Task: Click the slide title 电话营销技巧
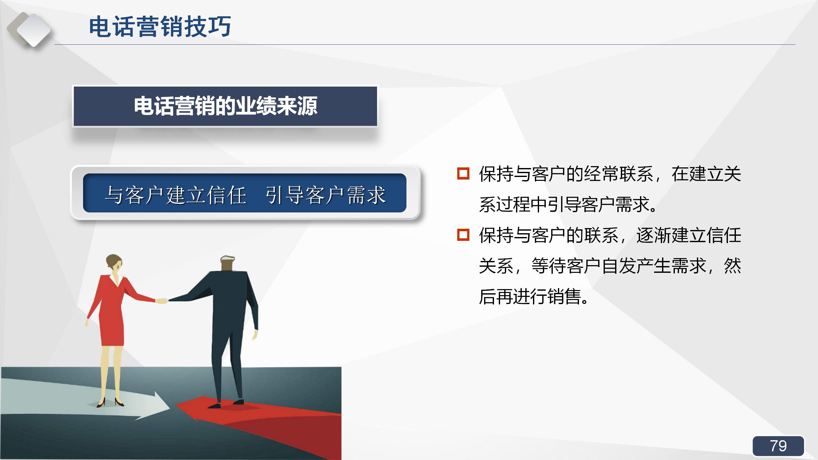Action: pyautogui.click(x=160, y=27)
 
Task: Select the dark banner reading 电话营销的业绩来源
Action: pyautogui.click(x=225, y=106)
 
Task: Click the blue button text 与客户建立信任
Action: pyautogui.click(x=176, y=195)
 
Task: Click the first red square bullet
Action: pyautogui.click(x=463, y=173)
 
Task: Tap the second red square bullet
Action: pyautogui.click(x=463, y=235)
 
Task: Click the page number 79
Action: pyautogui.click(x=778, y=446)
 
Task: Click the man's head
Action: pyautogui.click(x=228, y=264)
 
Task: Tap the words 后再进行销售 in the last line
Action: pyautogui.click(x=530, y=296)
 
